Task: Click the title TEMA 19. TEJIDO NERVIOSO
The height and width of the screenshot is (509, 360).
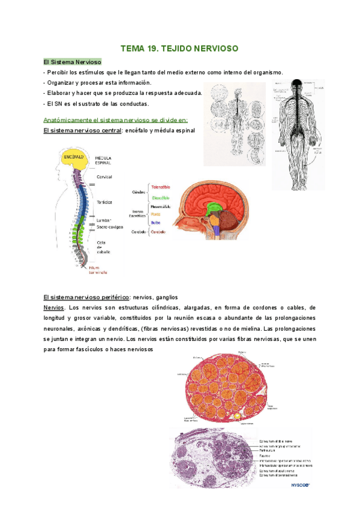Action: pyautogui.click(x=180, y=47)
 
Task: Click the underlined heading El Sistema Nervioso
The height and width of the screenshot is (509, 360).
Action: pyautogui.click(x=73, y=62)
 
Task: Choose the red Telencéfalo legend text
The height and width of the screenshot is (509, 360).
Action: pyautogui.click(x=161, y=187)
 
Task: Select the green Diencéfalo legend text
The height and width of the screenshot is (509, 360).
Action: pyautogui.click(x=160, y=197)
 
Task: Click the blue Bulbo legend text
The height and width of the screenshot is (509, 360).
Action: pyautogui.click(x=155, y=222)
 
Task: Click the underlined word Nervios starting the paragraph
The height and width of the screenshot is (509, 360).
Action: pyautogui.click(x=55, y=307)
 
